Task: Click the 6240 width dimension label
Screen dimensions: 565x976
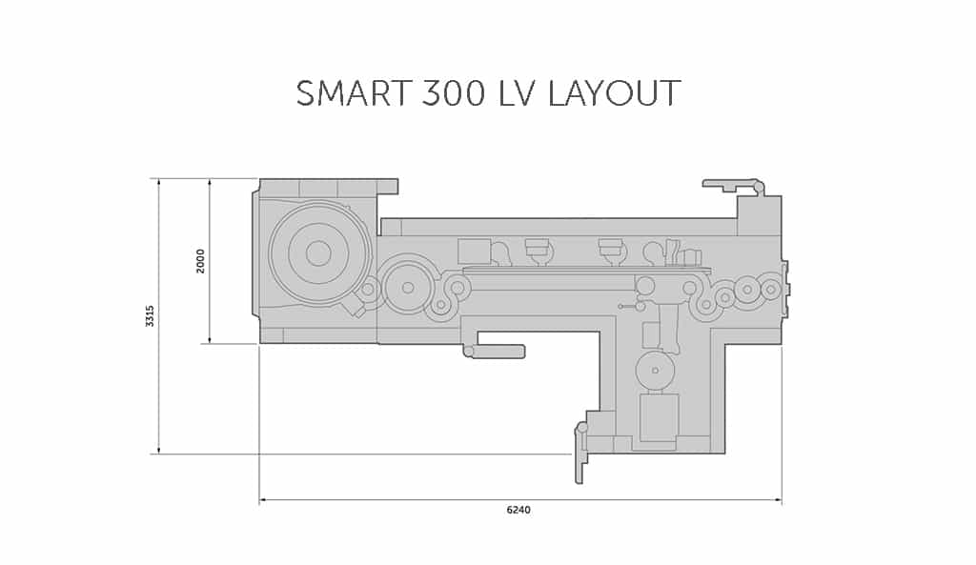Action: [x=518, y=510]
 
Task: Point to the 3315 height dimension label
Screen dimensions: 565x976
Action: [x=150, y=316]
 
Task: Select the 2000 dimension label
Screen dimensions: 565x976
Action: [x=200, y=261]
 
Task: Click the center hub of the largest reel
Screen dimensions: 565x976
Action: [x=318, y=253]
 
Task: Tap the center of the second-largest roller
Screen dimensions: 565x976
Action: [x=408, y=285]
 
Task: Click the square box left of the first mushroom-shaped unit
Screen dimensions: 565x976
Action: [x=474, y=252]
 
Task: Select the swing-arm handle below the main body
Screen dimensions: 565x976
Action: [x=495, y=352]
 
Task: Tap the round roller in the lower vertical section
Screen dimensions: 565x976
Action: [x=655, y=369]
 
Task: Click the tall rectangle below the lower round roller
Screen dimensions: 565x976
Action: [x=659, y=418]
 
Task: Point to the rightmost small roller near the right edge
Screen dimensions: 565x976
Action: [x=769, y=287]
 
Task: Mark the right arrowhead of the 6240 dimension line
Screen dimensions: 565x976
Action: [x=779, y=499]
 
